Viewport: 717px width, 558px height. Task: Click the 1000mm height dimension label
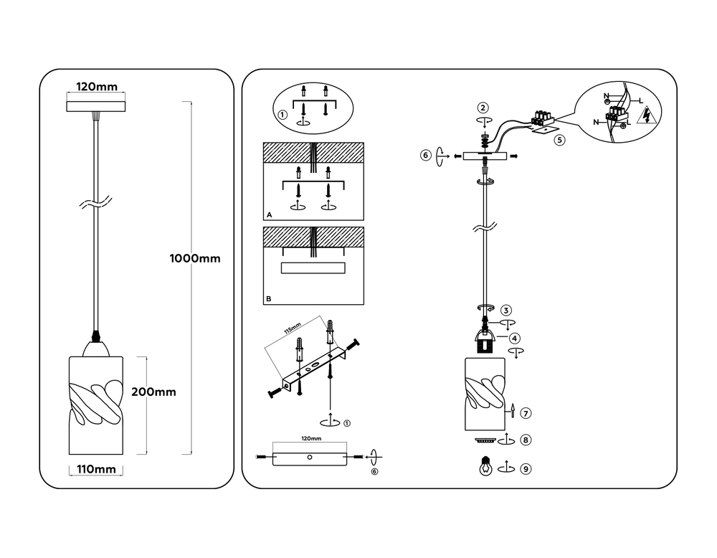pos(195,258)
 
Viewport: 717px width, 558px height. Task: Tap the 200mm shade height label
pos(153,392)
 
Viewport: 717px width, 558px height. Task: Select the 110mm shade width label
pos(96,469)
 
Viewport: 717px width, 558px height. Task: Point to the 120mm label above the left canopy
pos(97,87)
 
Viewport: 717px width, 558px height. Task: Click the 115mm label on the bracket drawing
pos(293,328)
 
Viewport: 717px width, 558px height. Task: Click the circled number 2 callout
pos(483,108)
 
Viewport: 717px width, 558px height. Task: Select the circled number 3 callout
pos(505,311)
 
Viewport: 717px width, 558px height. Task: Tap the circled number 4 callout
pos(514,339)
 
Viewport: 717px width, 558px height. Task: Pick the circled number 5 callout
pos(559,140)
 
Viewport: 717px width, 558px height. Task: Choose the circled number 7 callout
pos(526,413)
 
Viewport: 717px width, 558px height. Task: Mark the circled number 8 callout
pos(526,440)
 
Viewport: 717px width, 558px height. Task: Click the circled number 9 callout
pos(526,469)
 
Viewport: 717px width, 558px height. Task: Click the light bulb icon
pos(485,466)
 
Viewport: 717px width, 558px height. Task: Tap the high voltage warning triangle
pos(650,115)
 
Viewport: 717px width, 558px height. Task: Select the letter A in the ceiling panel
pos(270,214)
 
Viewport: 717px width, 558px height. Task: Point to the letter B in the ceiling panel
pos(269,298)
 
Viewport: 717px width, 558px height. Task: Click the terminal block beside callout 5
pos(542,117)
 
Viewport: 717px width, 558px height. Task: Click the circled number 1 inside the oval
pos(282,115)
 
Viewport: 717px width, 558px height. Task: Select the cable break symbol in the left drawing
pos(96,203)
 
